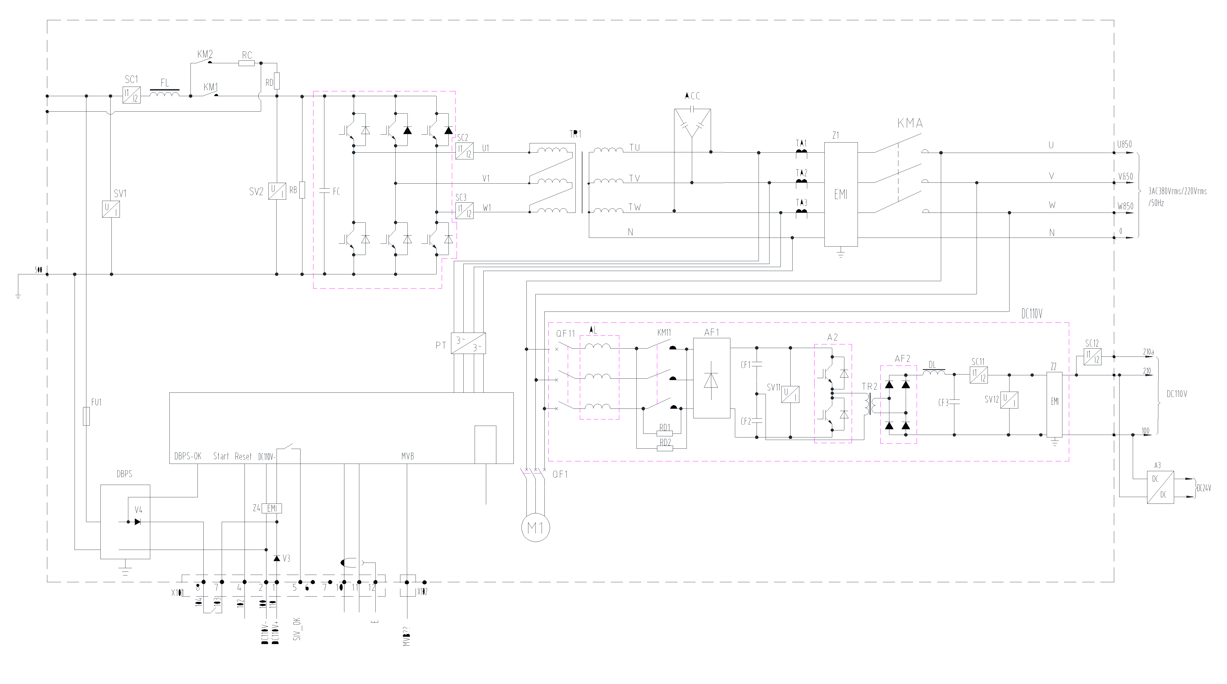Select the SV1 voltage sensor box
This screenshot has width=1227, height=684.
coord(111,209)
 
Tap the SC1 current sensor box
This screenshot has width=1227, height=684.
coord(131,95)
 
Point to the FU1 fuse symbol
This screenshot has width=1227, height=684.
coord(86,416)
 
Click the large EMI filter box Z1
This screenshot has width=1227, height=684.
coord(841,194)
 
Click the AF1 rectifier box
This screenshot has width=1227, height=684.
coord(711,378)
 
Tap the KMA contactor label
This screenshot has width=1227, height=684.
coord(910,124)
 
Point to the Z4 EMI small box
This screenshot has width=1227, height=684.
coord(272,508)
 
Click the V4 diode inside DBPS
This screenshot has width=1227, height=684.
coord(138,522)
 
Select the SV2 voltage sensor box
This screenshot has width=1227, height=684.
coord(277,191)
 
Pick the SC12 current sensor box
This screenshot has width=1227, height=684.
coord(1092,356)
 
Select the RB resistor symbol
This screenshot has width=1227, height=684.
coord(302,190)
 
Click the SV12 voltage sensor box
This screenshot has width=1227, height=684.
coord(1009,399)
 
